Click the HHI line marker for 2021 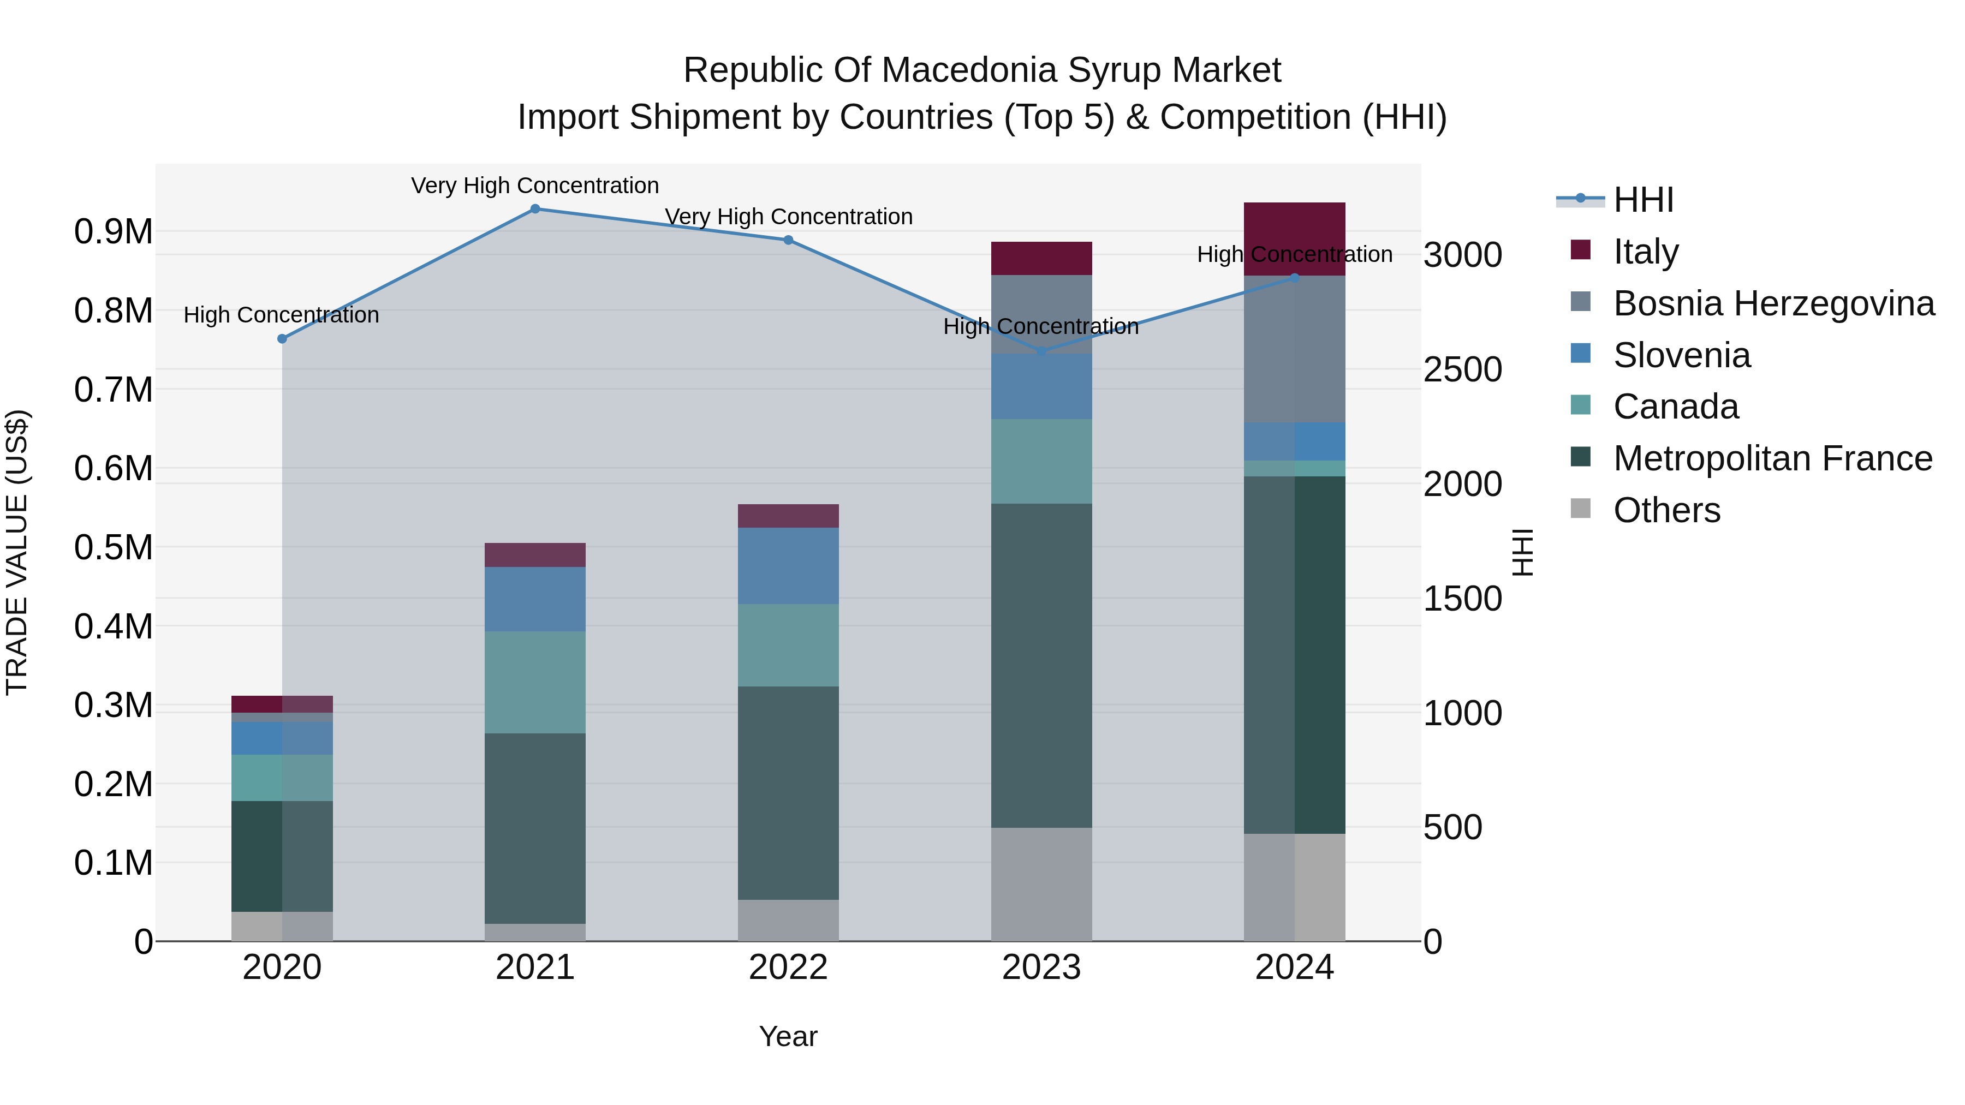coord(535,209)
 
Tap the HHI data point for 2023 coord(1041,351)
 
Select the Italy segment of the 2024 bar coord(1295,229)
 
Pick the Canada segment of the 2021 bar coord(535,683)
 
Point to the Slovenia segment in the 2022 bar coord(788,566)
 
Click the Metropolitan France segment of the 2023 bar coord(1041,665)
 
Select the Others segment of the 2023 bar coord(1041,884)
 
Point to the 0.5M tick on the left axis coord(113,547)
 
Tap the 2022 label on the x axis coord(788,967)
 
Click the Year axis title coord(788,1036)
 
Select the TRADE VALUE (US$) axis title coord(17,552)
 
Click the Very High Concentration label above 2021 coord(535,186)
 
